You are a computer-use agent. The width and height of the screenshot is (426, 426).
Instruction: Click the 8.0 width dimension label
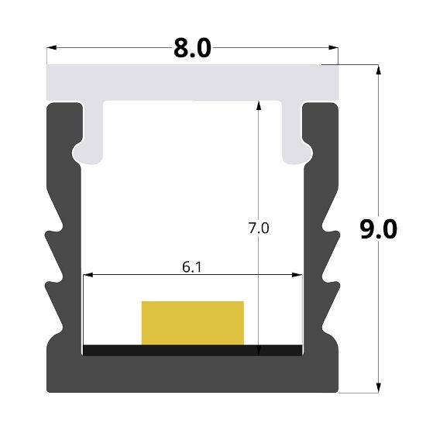click(191, 48)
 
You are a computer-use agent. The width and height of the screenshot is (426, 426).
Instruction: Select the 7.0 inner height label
click(259, 228)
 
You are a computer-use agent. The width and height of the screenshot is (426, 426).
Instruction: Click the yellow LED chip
click(192, 322)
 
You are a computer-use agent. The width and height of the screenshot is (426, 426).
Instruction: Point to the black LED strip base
click(192, 350)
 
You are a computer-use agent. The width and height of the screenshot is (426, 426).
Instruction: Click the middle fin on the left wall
click(53, 273)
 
